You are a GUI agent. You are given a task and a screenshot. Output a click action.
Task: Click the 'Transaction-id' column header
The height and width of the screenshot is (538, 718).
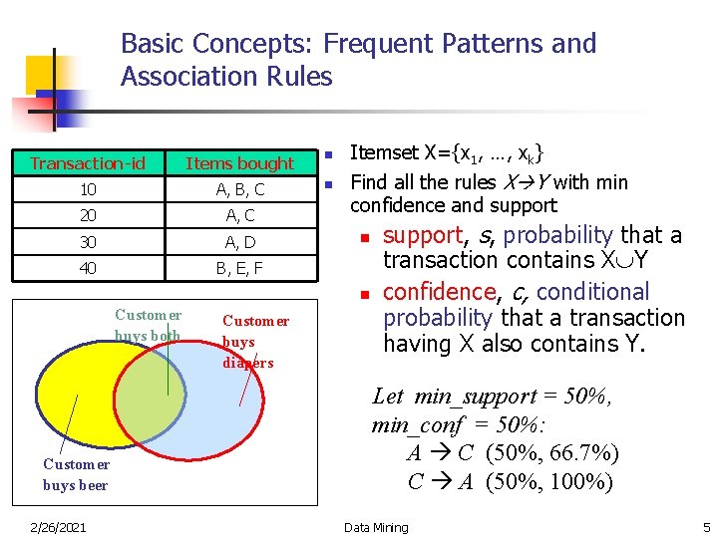click(x=88, y=163)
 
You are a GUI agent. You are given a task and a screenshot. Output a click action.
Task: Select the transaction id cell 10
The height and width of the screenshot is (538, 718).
click(x=88, y=189)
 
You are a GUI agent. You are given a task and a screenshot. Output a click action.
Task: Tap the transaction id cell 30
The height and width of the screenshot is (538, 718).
click(x=88, y=242)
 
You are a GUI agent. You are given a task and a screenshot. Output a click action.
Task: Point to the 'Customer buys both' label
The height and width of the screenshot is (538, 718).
click(x=148, y=326)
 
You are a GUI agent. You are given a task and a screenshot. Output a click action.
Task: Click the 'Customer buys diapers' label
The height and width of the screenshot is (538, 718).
click(x=255, y=342)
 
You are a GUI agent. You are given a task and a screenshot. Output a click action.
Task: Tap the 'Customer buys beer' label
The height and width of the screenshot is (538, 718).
click(x=76, y=474)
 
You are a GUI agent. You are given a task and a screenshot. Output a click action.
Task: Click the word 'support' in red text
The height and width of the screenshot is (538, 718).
click(x=423, y=235)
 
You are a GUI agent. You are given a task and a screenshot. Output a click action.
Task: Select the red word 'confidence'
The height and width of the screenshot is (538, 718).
click(x=436, y=292)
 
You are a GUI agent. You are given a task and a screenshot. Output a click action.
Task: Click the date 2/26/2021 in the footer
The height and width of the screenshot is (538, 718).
click(x=57, y=527)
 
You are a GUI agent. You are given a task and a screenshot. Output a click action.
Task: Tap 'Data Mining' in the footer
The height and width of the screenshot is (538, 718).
click(x=376, y=527)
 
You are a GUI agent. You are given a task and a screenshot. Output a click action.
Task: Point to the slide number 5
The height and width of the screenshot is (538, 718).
click(x=706, y=527)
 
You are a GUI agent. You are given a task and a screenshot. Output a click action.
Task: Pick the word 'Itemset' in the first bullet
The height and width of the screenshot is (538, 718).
click(x=385, y=153)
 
